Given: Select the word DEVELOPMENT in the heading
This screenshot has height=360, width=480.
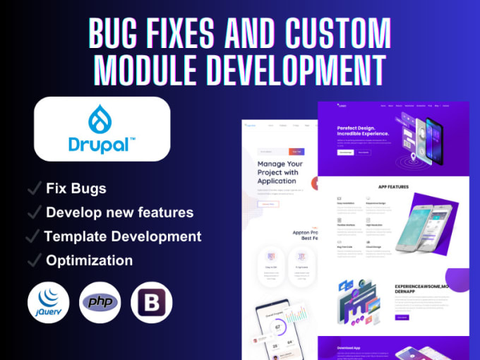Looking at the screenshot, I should tap(301, 68).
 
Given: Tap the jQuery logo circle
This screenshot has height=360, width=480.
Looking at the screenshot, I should tap(49, 301).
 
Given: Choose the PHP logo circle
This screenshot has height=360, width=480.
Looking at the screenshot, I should tap(100, 301).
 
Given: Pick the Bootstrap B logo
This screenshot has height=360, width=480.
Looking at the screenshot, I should tap(152, 301).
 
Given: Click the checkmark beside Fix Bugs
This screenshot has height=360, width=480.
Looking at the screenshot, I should tap(32, 188).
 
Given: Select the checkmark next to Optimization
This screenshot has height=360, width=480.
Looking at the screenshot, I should tap(32, 260).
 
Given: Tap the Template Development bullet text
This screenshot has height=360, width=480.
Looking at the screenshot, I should tap(123, 236).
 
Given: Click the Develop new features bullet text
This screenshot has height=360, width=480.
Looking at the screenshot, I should tap(119, 212).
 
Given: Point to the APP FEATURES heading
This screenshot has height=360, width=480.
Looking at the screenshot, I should tap(392, 187).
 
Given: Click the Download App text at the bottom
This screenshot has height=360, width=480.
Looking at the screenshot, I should tap(351, 349).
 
